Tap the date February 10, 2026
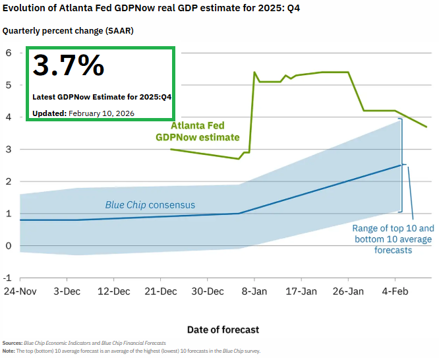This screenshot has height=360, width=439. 101,113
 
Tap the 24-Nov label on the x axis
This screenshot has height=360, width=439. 20,291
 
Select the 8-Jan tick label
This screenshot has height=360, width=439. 254,291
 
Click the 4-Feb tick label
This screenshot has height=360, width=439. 394,291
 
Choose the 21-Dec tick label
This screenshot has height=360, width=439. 160,291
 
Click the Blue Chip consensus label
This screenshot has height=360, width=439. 150,205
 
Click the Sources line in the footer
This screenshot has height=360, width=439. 84,343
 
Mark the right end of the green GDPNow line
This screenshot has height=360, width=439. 426,127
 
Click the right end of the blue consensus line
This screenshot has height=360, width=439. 401,165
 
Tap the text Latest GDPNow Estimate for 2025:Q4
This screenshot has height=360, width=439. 102,97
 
